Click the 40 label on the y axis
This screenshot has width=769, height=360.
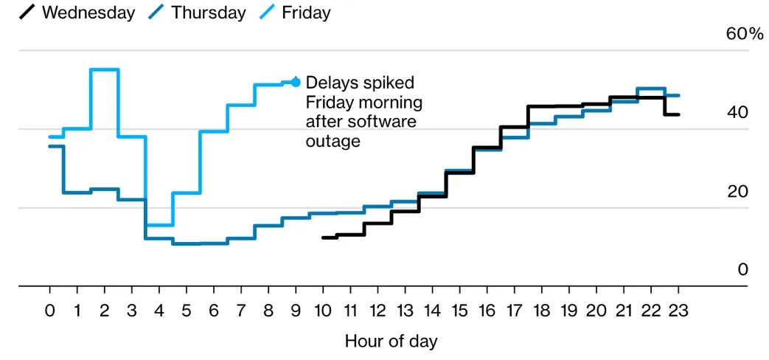[x=737, y=112]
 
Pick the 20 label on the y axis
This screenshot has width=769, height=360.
[x=737, y=191]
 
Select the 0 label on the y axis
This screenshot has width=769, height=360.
[x=742, y=270]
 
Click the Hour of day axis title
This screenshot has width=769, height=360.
[x=391, y=342]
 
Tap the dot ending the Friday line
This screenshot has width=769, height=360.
[x=296, y=82]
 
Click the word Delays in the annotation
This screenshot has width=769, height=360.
[x=330, y=82]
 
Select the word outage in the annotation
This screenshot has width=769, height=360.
[x=333, y=140]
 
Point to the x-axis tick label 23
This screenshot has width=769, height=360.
[x=678, y=311]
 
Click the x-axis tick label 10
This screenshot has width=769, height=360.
[x=323, y=311]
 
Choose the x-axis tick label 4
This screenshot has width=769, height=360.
[x=159, y=311]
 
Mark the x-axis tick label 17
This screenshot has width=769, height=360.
[x=515, y=311]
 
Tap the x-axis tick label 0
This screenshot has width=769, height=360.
[x=49, y=311]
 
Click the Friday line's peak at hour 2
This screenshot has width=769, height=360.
[x=105, y=69]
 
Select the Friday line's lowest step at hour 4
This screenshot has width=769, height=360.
[x=159, y=225]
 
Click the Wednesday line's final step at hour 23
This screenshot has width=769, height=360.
[x=672, y=114]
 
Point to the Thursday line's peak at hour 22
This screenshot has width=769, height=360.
[x=651, y=89]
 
